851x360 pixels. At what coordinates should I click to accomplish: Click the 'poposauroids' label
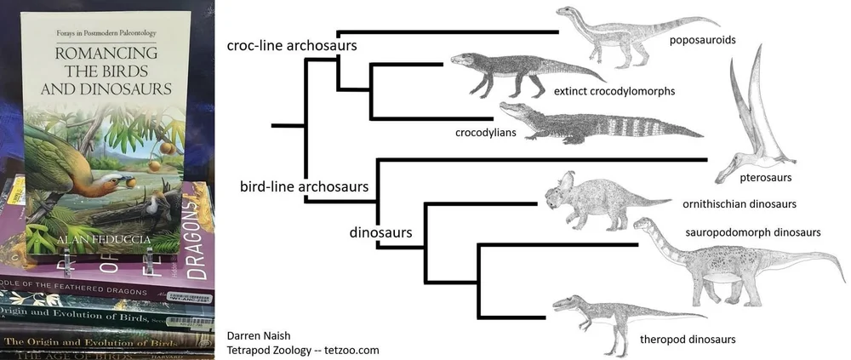(702, 39)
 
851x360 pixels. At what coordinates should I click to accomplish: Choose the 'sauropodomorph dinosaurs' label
(752, 231)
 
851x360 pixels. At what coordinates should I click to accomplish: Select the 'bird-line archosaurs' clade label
(304, 185)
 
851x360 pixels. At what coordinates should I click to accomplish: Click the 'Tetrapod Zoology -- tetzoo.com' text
(303, 349)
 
